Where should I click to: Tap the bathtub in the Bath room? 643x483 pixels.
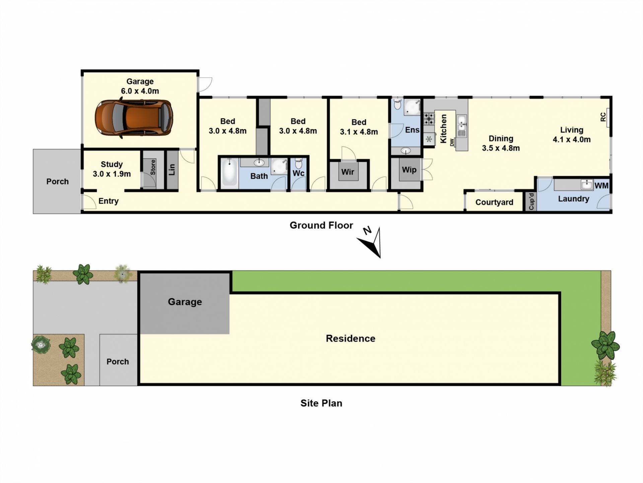[229, 172]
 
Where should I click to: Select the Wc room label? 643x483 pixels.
[298, 173]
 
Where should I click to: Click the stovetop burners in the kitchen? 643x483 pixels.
[429, 119]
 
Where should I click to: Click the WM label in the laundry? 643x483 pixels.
[601, 185]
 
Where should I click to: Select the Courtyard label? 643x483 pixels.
[494, 202]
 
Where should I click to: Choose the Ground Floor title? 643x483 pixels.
[321, 225]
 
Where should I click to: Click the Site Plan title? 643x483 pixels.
[321, 403]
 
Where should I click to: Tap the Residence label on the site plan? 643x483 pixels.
[350, 338]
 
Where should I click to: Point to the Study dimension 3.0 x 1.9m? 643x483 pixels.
[112, 174]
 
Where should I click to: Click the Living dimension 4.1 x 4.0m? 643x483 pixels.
[572, 140]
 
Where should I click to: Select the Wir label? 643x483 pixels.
[348, 172]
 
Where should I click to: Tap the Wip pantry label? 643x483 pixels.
[409, 170]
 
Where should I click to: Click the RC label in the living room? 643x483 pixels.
[603, 117]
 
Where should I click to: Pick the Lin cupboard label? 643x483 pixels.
[172, 169]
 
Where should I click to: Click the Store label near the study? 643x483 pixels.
[153, 167]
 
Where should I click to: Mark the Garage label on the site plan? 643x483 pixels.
[185, 302]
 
